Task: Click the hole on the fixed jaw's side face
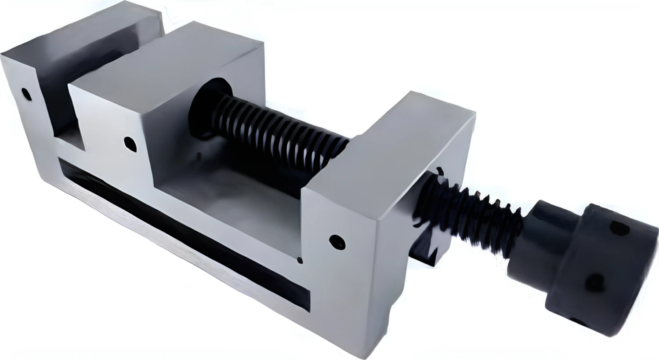point(27,94)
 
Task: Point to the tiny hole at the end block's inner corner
point(300,261)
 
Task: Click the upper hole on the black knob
point(620,228)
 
